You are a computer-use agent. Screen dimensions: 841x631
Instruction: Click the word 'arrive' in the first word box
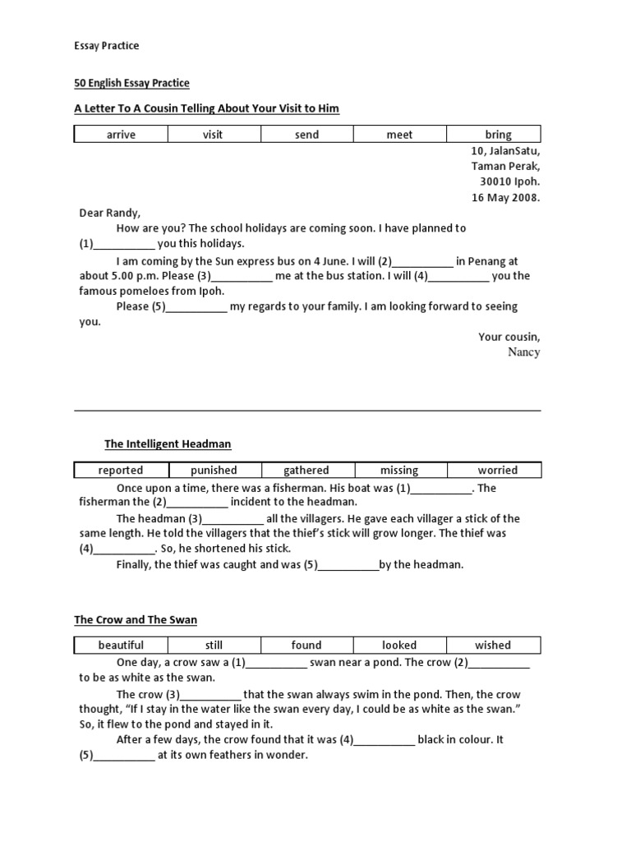click(x=121, y=135)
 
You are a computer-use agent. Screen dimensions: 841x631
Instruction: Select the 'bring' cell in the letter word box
click(x=498, y=135)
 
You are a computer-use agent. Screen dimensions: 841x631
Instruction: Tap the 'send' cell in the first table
click(x=306, y=135)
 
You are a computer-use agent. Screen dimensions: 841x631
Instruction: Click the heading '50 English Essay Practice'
click(x=131, y=83)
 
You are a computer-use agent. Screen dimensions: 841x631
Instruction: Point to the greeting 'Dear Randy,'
click(x=109, y=213)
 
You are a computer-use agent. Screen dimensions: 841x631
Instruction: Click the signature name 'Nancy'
click(x=524, y=352)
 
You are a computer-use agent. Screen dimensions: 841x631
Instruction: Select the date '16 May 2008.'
click(x=506, y=197)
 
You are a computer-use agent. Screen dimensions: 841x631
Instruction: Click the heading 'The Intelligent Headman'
click(x=168, y=444)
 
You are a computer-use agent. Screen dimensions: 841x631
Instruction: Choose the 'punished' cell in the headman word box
click(x=214, y=471)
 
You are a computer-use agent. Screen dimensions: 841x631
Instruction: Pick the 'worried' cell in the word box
click(x=498, y=471)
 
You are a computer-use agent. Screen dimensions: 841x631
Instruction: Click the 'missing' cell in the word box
click(x=399, y=471)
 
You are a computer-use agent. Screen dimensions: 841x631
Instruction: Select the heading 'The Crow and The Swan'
click(x=136, y=620)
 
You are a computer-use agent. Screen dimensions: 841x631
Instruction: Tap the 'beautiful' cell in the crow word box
click(x=121, y=646)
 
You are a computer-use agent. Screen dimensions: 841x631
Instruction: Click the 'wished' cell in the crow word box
click(x=493, y=646)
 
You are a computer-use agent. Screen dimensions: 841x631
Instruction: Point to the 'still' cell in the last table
click(x=214, y=646)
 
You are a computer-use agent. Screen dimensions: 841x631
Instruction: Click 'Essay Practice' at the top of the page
click(x=107, y=46)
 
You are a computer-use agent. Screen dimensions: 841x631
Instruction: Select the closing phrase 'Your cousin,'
click(x=509, y=337)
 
